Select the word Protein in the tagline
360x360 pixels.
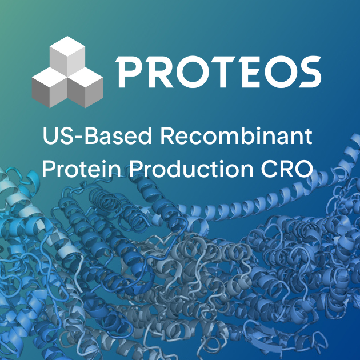point(79,169)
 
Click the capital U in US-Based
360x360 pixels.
point(50,137)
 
